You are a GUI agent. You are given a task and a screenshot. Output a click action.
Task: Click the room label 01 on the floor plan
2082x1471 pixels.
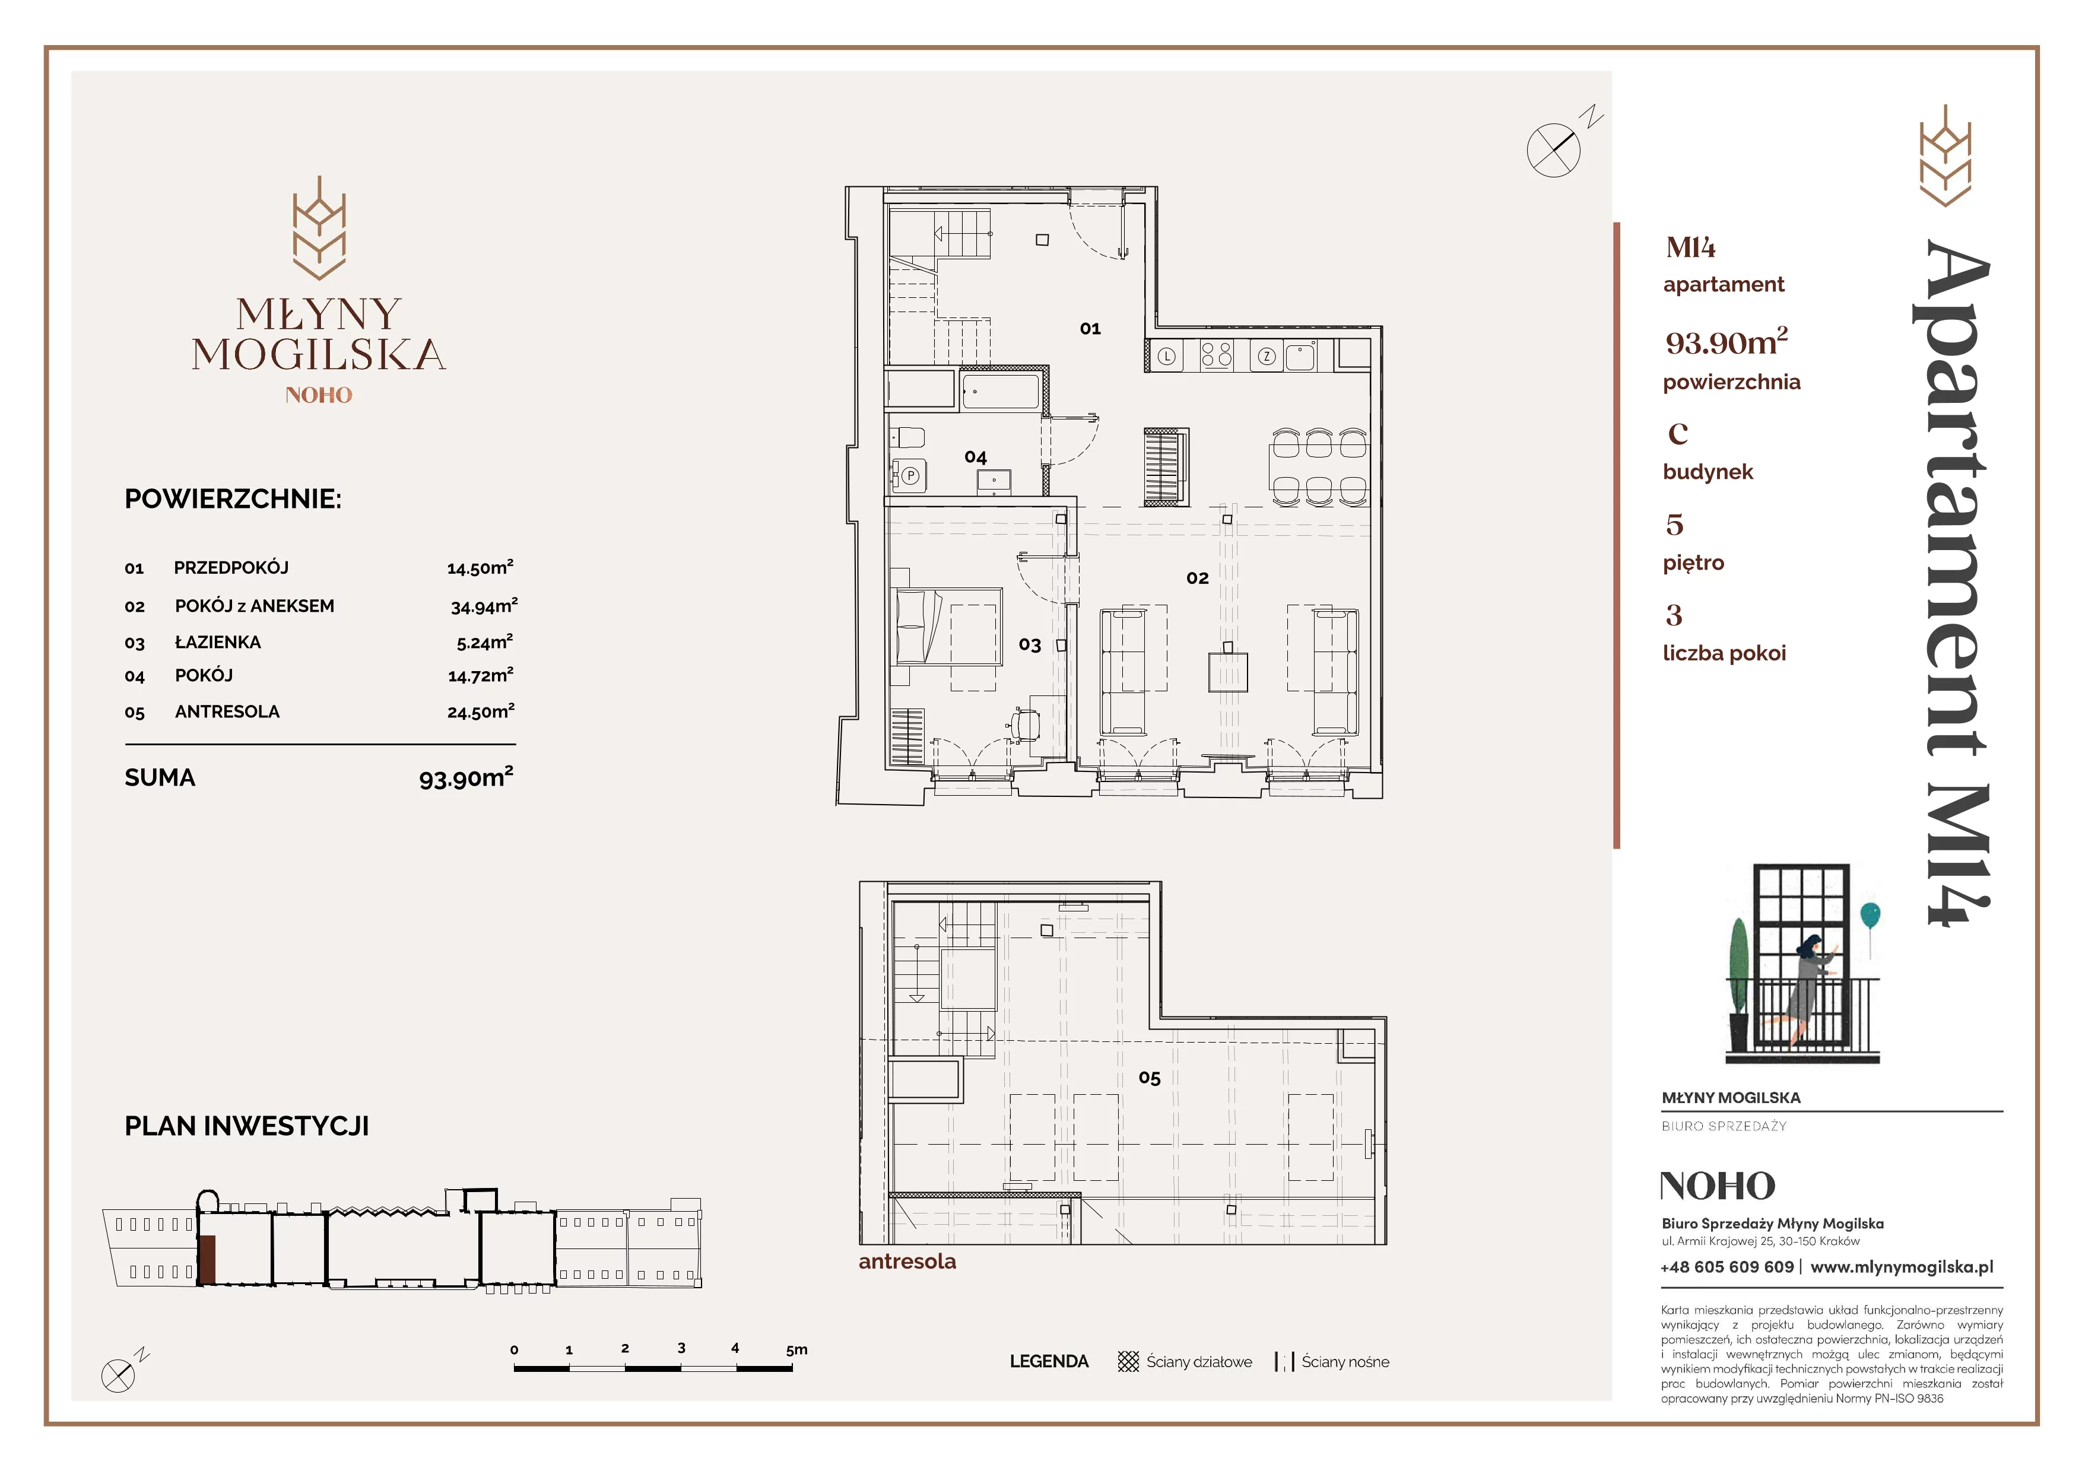[1090, 329]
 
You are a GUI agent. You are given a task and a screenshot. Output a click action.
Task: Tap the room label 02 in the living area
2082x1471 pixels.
[1197, 578]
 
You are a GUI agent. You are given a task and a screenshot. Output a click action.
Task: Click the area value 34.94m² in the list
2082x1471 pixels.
[484, 605]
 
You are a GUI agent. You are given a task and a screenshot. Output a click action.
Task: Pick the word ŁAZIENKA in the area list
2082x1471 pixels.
[218, 641]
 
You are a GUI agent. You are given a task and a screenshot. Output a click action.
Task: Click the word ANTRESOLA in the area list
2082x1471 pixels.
[227, 711]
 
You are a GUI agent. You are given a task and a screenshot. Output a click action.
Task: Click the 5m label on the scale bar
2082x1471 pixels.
[796, 1349]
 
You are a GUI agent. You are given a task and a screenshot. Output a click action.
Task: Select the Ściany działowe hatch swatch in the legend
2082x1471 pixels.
[1128, 1361]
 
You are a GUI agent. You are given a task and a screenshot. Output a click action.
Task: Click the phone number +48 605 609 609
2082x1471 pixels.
[1726, 1267]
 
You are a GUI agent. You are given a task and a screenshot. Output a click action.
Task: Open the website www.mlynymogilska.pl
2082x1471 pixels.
[1902, 1267]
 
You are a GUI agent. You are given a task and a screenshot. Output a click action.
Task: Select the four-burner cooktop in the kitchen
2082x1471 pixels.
[1216, 355]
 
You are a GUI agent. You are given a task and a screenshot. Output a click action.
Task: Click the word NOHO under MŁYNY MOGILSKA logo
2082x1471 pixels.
[318, 395]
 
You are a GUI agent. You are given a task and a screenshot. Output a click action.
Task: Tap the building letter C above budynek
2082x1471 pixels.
[1678, 434]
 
